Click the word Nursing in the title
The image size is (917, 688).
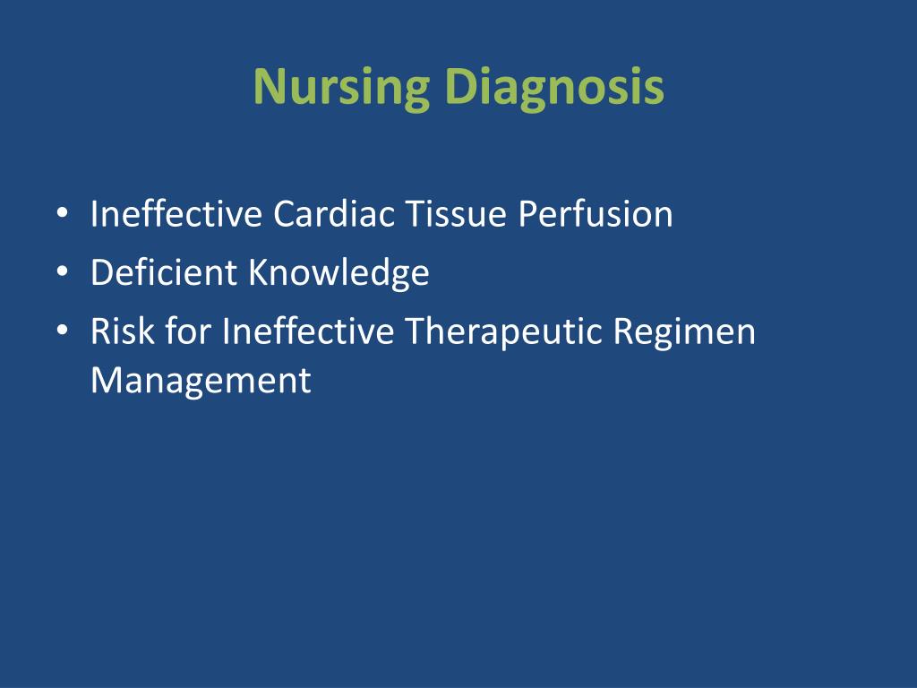point(341,88)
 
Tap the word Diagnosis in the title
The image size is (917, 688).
point(553,88)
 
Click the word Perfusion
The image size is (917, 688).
point(596,213)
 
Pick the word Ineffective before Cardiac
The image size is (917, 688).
point(176,213)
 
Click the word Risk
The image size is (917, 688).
point(122,331)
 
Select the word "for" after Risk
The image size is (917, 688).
point(188,331)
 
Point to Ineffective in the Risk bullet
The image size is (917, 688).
point(308,331)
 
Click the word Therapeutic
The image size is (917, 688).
point(503,332)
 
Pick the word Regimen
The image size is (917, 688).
point(684,332)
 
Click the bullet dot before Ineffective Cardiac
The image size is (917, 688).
point(63,212)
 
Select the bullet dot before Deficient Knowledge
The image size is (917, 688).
point(63,271)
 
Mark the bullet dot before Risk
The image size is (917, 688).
point(63,330)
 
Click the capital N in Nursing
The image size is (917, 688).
point(269,87)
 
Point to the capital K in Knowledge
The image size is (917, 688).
point(259,272)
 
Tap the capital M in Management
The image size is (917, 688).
point(107,380)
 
